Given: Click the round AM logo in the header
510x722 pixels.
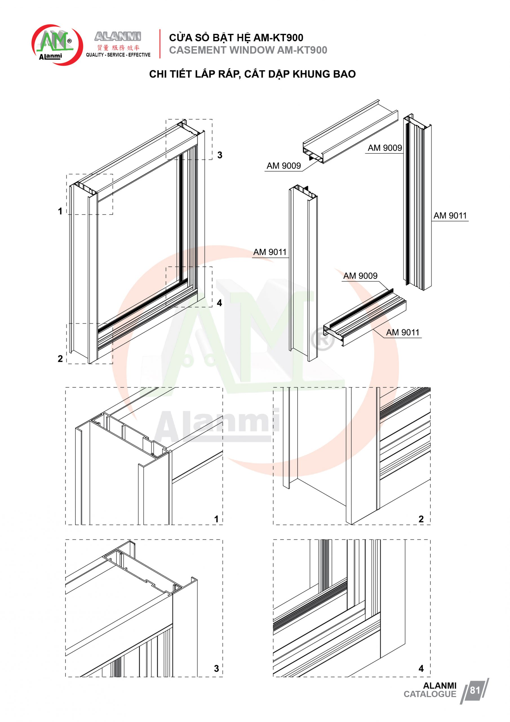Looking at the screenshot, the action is click(57, 45).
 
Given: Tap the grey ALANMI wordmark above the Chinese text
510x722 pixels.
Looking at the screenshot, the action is click(118, 36).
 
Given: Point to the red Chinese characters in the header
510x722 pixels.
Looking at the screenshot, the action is click(118, 48).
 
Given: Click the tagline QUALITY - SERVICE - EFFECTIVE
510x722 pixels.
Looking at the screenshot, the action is click(118, 55).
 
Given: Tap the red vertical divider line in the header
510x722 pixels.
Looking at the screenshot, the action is click(160, 44).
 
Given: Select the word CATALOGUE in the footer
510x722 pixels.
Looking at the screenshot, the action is click(430, 694).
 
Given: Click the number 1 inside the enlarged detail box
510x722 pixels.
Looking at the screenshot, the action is click(216, 519).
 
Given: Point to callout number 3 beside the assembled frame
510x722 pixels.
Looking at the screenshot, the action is click(220, 155).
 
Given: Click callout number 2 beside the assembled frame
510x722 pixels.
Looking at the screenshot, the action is click(60, 358).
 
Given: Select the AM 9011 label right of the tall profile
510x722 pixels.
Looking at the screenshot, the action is click(450, 216).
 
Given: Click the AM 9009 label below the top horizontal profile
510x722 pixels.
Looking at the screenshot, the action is click(284, 166).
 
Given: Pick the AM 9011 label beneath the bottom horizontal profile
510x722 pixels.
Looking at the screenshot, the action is click(403, 333).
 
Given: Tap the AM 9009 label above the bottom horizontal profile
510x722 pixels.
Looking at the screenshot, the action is click(360, 276).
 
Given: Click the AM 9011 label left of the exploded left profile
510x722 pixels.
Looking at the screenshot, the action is click(270, 252).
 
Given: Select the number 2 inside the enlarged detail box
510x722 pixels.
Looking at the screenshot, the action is click(421, 519).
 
